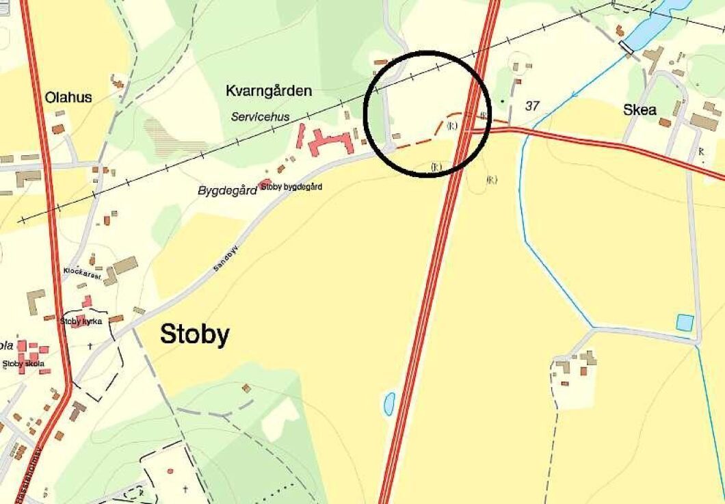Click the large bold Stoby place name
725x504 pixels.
click(x=194, y=335)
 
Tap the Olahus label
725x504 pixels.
click(x=68, y=97)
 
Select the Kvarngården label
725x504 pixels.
click(x=269, y=90)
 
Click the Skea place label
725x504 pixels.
click(x=640, y=110)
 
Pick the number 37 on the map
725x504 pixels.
click(x=533, y=106)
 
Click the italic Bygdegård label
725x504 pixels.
click(x=227, y=190)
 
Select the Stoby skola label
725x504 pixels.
click(x=24, y=364)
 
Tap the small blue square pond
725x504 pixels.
click(x=685, y=321)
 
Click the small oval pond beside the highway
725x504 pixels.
click(x=388, y=403)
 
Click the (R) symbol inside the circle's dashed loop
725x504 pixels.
click(x=451, y=125)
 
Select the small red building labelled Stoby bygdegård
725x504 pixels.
click(x=265, y=183)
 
